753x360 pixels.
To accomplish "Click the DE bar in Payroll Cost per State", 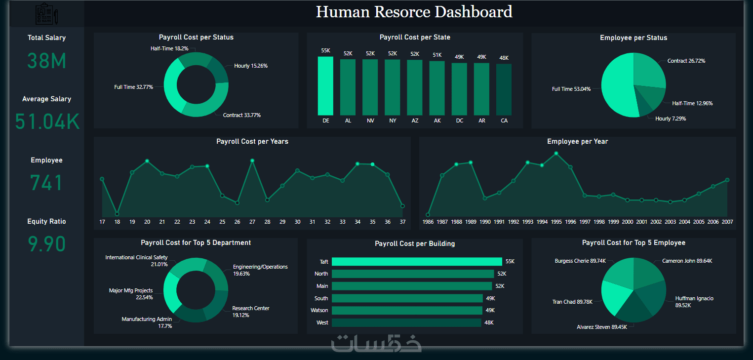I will point(325,86).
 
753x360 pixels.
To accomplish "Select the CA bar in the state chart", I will point(504,89).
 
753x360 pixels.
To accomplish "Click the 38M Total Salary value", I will point(46,61).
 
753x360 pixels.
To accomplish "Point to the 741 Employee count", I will point(46,183).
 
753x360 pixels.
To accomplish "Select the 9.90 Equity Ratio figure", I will point(46,244).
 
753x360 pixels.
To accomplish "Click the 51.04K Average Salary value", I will point(46,122).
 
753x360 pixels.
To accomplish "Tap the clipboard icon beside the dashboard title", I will point(46,14).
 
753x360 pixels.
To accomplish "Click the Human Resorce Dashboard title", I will point(414,12).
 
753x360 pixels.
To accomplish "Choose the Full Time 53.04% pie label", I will point(571,89).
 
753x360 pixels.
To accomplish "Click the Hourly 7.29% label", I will point(670,119).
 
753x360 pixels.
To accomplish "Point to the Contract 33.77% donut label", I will point(241,115).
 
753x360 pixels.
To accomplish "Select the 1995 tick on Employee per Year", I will point(556,222).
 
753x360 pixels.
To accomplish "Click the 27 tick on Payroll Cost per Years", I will point(252,222).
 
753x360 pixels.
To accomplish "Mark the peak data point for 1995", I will point(556,153).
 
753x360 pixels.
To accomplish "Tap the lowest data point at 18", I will point(117,214).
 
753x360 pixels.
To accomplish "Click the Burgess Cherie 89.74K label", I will point(580,261).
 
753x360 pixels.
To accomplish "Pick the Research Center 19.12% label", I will point(250,312).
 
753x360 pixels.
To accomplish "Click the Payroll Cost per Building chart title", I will point(414,243).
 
